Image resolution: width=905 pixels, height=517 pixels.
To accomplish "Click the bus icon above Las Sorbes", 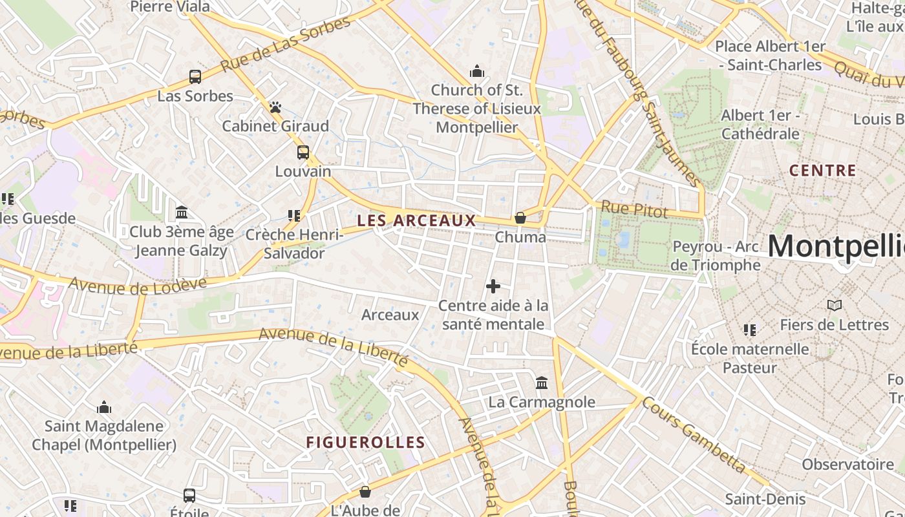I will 195,77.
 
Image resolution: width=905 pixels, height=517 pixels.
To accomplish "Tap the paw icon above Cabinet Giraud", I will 275,107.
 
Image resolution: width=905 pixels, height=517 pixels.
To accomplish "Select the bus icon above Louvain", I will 303,153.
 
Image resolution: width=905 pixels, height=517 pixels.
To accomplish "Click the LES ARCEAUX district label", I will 416,220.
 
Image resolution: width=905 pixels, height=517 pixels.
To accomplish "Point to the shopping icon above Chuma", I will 520,218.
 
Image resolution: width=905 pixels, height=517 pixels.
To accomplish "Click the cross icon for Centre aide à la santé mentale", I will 493,286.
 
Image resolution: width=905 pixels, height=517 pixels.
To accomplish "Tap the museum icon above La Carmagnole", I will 542,383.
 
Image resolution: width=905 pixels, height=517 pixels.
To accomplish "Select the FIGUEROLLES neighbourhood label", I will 365,443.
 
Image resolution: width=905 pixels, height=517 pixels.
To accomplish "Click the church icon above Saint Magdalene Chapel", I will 104,407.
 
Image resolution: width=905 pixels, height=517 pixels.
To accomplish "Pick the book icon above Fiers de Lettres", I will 835,305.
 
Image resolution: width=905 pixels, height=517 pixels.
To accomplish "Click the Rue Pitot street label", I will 634,209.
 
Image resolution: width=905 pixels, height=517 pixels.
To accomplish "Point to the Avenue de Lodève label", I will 138,285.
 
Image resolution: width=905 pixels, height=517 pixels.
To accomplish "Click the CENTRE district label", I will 823,171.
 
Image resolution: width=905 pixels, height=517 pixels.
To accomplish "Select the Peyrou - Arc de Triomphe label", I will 716,256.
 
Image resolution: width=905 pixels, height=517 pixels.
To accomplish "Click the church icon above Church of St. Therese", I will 477,70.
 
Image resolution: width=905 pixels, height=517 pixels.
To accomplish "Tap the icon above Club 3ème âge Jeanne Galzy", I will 182,213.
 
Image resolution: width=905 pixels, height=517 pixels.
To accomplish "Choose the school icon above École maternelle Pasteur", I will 750,330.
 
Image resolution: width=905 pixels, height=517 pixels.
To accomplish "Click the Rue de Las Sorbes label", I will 285,45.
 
